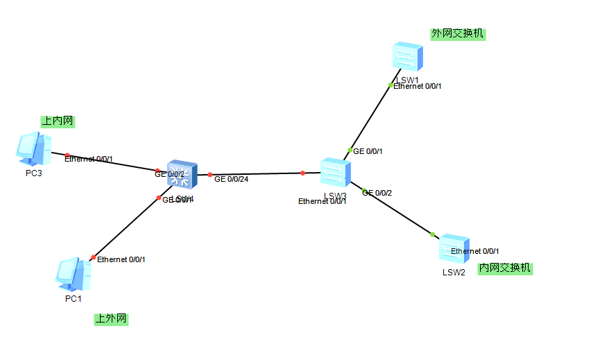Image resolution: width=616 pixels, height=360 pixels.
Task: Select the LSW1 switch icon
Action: click(407, 58)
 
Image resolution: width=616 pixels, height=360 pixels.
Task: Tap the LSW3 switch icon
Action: click(336, 173)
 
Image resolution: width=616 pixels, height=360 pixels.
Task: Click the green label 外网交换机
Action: click(458, 34)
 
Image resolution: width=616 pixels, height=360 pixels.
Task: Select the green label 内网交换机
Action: click(505, 268)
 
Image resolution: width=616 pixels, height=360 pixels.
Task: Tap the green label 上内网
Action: click(58, 121)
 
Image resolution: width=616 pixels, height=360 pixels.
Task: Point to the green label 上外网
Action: click(111, 319)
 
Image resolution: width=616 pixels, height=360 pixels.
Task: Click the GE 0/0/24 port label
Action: click(231, 179)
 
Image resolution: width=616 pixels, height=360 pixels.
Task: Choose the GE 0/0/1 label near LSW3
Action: click(368, 151)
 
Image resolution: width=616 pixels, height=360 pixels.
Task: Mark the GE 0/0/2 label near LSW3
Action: click(377, 193)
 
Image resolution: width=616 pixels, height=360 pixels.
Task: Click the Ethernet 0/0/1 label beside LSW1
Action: click(418, 86)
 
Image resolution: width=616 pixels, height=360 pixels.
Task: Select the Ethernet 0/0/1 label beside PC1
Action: click(121, 259)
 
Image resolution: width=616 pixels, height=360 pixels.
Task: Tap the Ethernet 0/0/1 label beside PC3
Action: click(89, 159)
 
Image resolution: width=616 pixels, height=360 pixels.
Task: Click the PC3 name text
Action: click(34, 173)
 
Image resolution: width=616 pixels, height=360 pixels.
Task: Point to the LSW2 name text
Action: click(454, 272)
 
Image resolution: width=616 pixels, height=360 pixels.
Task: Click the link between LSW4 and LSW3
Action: click(257, 174)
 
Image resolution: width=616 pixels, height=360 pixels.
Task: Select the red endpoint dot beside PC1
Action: click(94, 257)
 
